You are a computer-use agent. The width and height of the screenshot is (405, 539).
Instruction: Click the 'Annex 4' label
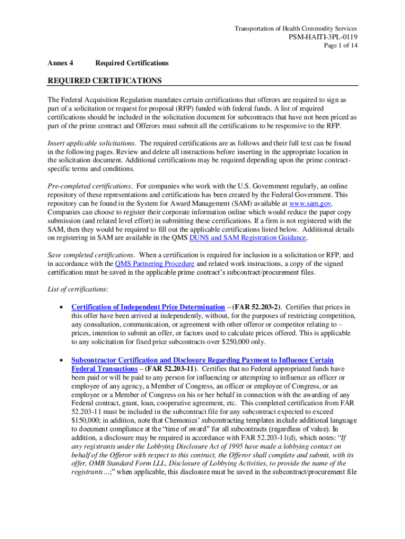coord(60,63)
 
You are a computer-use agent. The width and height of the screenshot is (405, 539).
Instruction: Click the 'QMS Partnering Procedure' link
coord(155,263)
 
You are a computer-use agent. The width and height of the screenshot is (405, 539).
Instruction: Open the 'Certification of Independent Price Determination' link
coord(148,307)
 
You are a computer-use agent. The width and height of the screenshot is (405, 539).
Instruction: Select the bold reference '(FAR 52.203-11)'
coord(174,369)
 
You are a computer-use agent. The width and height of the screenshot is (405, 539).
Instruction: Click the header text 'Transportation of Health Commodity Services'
coord(296,28)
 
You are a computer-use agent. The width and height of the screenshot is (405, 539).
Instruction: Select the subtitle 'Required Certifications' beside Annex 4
coord(132,63)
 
